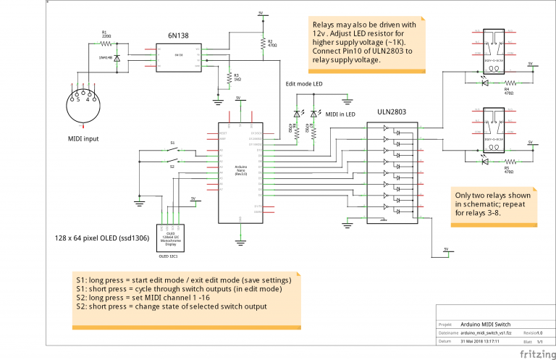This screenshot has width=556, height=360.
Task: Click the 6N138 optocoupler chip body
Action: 177,55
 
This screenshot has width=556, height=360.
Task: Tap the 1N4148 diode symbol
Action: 118,54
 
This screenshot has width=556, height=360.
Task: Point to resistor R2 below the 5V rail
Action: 261,43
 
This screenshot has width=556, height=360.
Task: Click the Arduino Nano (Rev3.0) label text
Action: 241,170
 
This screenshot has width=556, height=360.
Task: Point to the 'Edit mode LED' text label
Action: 305,84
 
